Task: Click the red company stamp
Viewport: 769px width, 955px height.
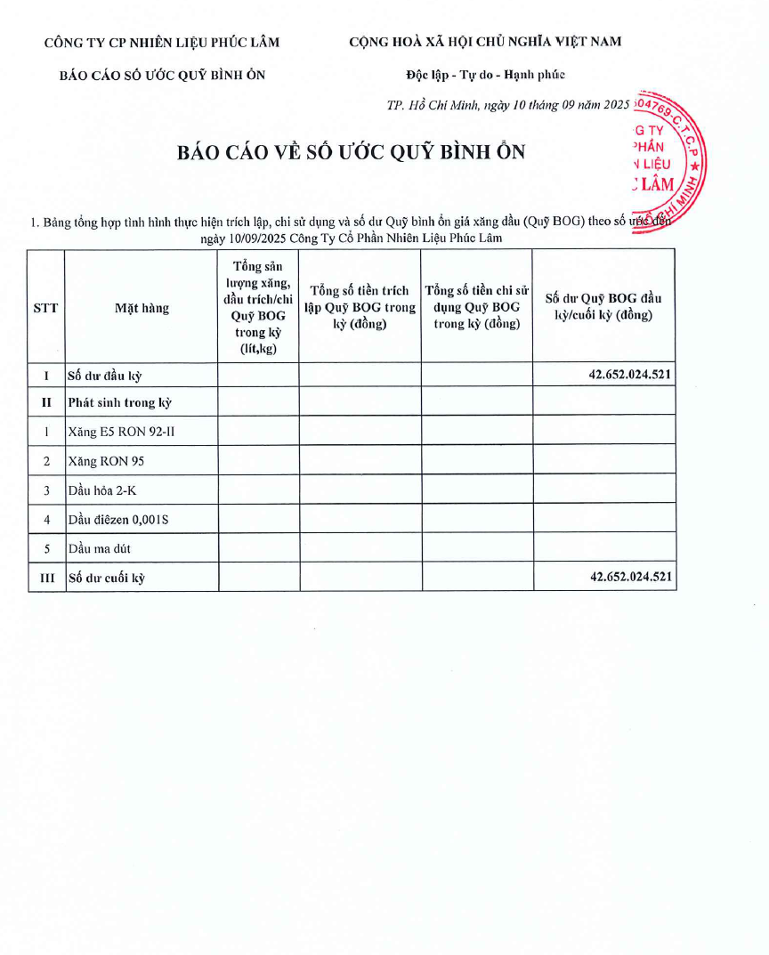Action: pos(668,164)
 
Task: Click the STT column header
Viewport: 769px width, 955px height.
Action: pos(45,308)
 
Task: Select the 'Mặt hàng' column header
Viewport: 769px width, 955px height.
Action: pos(142,308)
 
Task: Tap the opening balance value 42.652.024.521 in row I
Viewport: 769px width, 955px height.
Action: pos(629,375)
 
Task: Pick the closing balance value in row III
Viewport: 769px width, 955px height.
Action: pos(630,577)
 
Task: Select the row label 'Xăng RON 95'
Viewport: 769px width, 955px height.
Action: pos(105,461)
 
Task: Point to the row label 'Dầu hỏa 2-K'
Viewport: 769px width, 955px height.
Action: pos(102,490)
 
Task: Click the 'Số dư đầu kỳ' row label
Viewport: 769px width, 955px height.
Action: pos(104,376)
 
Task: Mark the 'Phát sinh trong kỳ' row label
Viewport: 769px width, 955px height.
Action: pos(119,402)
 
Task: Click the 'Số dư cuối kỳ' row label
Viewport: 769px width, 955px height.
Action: pos(106,579)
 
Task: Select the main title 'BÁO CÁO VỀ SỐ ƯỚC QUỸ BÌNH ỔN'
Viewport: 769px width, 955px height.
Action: pos(352,152)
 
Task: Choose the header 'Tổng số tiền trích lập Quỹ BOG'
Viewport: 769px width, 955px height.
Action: pos(360,307)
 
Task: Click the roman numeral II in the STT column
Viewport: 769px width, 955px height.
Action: pos(46,402)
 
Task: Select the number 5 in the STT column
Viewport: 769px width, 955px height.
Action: pos(46,548)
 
